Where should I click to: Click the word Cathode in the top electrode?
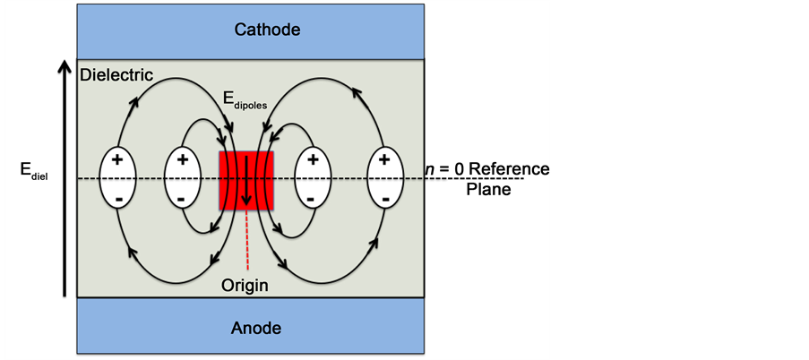(x=267, y=30)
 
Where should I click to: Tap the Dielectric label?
(x=116, y=75)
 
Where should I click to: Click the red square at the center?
(x=247, y=180)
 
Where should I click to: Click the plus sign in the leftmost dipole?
(x=116, y=159)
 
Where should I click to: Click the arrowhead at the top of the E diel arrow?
(x=64, y=67)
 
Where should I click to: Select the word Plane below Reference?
(x=488, y=190)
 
